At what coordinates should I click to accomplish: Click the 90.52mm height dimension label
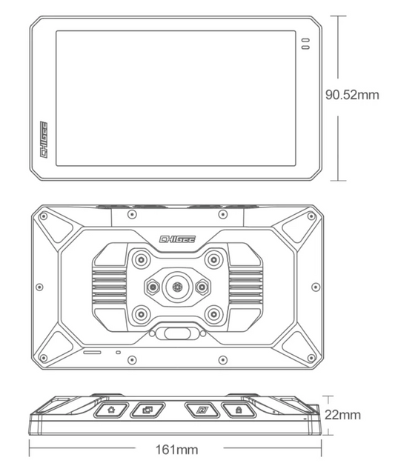coord(352,95)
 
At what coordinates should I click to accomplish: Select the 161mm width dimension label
coord(177,450)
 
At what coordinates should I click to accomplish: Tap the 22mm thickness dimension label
coord(342,415)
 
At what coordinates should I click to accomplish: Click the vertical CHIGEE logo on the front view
coord(44,139)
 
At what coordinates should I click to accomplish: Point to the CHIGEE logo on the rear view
coord(177,239)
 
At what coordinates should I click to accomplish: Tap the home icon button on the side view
coord(111,410)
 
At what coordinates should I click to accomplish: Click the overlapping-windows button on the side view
coord(147,410)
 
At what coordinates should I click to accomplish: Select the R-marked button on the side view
coord(202,410)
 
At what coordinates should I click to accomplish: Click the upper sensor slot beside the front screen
coord(305,40)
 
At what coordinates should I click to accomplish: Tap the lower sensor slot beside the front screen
coord(305,47)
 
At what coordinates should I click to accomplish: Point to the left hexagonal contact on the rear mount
coord(153,287)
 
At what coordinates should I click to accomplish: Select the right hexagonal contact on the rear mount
coord(202,287)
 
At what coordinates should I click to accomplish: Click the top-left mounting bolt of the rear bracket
coord(142,260)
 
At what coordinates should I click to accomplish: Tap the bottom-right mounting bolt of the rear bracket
coord(213,314)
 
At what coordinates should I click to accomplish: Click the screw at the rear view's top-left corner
coord(44,216)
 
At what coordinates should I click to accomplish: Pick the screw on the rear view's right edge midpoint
coord(316,287)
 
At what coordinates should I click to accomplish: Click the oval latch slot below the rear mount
coord(177,333)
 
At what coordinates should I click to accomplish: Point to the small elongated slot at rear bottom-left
coord(92,353)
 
